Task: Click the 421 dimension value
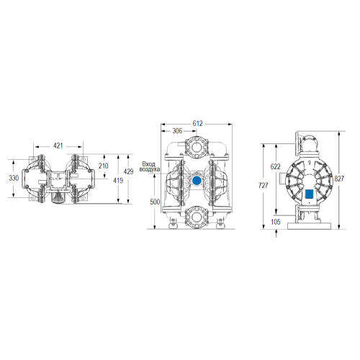click(x=58, y=145)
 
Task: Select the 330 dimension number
click(x=14, y=178)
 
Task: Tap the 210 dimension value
click(x=103, y=166)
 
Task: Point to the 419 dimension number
click(x=118, y=181)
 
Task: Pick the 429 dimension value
click(x=128, y=171)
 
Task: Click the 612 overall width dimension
click(x=197, y=123)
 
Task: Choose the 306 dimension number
click(x=177, y=131)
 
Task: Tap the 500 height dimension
click(x=155, y=202)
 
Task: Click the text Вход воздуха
click(x=150, y=167)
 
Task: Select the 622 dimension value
click(x=275, y=166)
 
